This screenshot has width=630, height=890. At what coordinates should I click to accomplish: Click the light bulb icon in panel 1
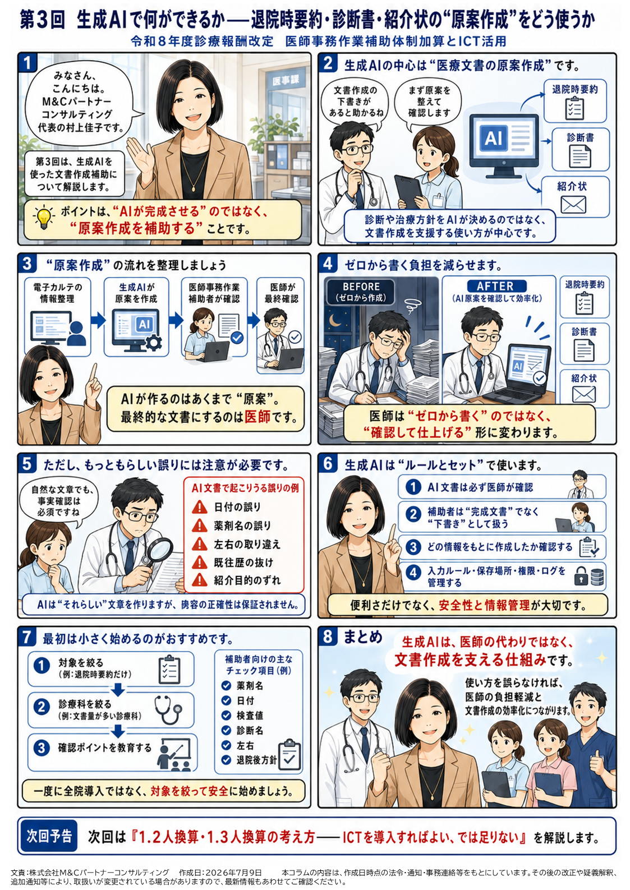(43, 218)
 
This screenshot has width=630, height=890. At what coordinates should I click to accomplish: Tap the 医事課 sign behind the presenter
(286, 81)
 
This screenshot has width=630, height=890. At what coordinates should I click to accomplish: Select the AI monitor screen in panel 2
(504, 139)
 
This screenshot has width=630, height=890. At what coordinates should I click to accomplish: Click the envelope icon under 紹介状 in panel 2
(573, 205)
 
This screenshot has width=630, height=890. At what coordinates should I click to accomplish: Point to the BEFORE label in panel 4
(361, 292)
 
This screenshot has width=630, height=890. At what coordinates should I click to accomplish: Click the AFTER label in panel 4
(496, 286)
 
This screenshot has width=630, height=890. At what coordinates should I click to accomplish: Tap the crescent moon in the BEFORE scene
(335, 321)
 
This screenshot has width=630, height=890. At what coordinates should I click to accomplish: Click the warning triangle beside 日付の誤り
(200, 507)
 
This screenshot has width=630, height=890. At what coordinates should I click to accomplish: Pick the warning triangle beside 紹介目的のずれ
(200, 580)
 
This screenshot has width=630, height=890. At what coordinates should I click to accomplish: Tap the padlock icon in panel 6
(581, 576)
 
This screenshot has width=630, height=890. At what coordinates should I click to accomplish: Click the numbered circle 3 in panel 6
(413, 547)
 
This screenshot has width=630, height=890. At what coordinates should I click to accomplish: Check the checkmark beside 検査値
(226, 715)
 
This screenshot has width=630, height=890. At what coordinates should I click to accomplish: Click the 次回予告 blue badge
(49, 836)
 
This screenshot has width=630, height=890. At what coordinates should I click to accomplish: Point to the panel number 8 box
(328, 637)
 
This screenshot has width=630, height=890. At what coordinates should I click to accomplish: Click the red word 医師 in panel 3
(257, 417)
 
